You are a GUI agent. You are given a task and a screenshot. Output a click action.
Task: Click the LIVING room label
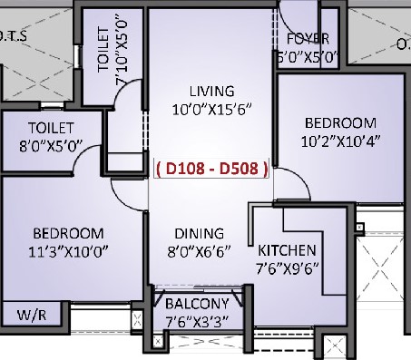click(x=211, y=92)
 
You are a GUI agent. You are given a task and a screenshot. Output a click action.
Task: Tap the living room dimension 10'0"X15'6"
click(x=212, y=109)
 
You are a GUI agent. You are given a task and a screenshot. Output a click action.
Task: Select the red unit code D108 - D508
click(x=212, y=169)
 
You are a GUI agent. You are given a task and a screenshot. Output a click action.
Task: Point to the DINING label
click(x=200, y=234)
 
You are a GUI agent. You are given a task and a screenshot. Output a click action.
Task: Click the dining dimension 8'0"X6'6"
click(x=200, y=251)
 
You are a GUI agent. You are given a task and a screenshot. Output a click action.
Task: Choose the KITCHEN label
click(x=287, y=250)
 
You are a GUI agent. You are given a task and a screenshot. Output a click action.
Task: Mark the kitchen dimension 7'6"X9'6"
click(x=288, y=268)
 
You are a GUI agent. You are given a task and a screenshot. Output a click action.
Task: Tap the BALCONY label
click(x=197, y=304)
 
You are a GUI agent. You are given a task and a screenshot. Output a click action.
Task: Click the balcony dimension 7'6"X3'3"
click(x=198, y=321)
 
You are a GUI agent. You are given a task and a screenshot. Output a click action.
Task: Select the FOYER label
click(x=308, y=39)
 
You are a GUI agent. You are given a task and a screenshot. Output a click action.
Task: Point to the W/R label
click(x=32, y=316)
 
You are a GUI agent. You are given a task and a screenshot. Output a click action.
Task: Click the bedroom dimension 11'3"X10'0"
click(x=68, y=251)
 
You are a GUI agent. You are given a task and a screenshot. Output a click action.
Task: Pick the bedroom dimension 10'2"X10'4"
click(x=341, y=141)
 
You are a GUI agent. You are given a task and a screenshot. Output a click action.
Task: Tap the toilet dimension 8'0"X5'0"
click(x=51, y=146)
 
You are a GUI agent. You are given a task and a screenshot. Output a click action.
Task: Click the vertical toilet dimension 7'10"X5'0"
click(x=122, y=53)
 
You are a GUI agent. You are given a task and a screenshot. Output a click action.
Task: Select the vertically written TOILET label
click(x=103, y=50)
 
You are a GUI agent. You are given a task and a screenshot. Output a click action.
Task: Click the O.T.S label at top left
click(x=13, y=36)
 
